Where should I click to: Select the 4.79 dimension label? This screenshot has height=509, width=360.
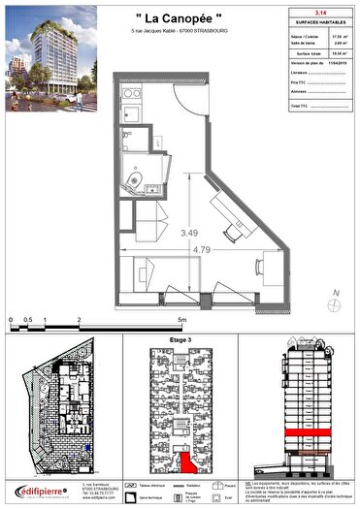pyautogui.click(x=202, y=250)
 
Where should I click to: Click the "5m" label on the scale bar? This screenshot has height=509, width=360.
pyautogui.click(x=180, y=318)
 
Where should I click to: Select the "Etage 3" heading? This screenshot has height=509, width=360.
pyautogui.click(x=180, y=341)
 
